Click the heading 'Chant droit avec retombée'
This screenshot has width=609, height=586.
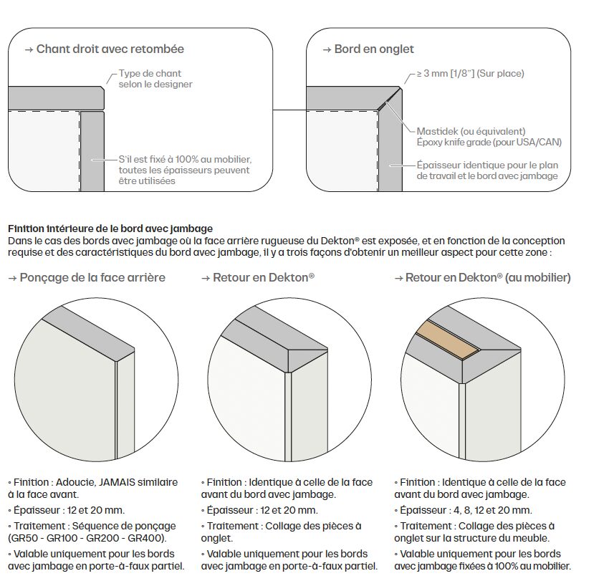click(110, 49)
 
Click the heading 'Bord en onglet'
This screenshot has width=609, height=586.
click(373, 49)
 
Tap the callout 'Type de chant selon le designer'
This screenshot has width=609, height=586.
click(155, 79)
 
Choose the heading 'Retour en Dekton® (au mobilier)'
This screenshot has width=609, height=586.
click(487, 277)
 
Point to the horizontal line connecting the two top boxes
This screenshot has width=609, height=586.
click(289, 111)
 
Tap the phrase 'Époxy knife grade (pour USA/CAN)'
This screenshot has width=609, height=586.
click(489, 143)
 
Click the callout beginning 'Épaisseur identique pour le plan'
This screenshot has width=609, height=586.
click(487, 170)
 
